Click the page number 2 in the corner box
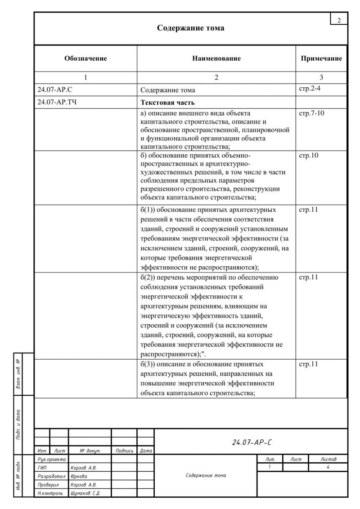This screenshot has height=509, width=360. pyautogui.click(x=339, y=19)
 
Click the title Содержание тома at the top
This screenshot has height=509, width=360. pyautogui.click(x=190, y=28)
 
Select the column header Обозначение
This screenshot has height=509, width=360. pyautogui.click(x=85, y=58)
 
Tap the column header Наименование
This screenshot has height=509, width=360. pyautogui.click(x=216, y=58)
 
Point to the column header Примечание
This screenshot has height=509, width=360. pyautogui.click(x=321, y=58)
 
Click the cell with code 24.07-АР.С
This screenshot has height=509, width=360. pyautogui.click(x=52, y=89)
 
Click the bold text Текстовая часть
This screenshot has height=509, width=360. pyautogui.click(x=168, y=103)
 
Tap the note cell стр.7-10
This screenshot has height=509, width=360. pyautogui.click(x=311, y=113)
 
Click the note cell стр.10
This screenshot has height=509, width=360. pyautogui.click(x=309, y=156)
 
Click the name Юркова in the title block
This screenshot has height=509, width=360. pyautogui.click(x=79, y=476)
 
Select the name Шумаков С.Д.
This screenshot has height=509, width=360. pyautogui.click(x=85, y=493)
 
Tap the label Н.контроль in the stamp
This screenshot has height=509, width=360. pyautogui.click(x=50, y=493)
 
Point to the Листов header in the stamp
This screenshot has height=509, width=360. pyautogui.click(x=328, y=459)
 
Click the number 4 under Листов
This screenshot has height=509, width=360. pyautogui.click(x=328, y=468)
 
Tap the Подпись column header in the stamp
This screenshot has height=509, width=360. pyautogui.click(x=124, y=450)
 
